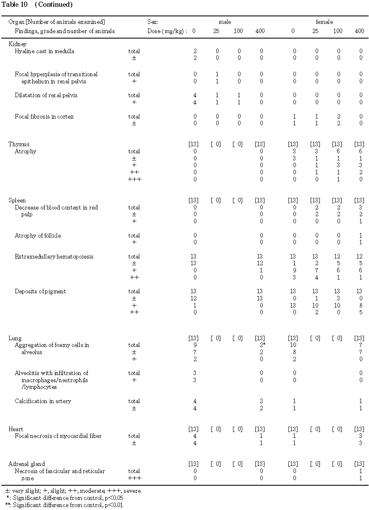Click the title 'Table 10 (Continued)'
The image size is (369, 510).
(x=37, y=5)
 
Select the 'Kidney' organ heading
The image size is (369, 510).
(x=18, y=44)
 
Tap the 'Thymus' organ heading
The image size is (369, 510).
(x=19, y=144)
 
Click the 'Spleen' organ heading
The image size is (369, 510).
(x=17, y=200)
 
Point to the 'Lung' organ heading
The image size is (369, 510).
(x=15, y=338)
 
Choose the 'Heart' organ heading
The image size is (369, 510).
(x=16, y=429)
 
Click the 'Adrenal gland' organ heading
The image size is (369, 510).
(x=26, y=464)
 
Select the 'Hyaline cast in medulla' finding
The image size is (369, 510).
(x=44, y=51)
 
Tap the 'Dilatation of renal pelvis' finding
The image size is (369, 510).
(x=46, y=95)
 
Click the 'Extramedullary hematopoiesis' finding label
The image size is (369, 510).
(x=54, y=256)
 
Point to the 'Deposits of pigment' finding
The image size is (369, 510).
(x=40, y=291)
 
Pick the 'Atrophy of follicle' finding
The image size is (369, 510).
(x=38, y=236)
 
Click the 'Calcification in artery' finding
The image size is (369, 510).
(x=43, y=401)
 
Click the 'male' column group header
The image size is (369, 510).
(x=225, y=22)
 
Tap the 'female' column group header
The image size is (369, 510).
(x=325, y=22)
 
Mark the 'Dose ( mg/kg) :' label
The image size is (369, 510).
(x=167, y=31)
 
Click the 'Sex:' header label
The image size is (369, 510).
(x=153, y=22)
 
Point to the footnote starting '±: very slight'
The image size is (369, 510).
(x=73, y=491)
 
